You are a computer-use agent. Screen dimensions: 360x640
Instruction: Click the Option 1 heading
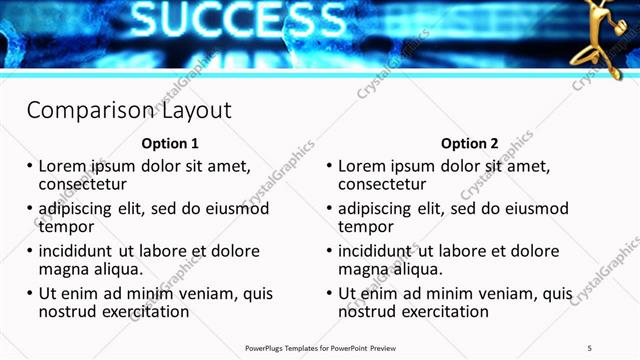(x=170, y=143)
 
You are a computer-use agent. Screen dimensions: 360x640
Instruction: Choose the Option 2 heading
(x=469, y=143)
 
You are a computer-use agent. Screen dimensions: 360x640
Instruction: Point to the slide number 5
(x=590, y=347)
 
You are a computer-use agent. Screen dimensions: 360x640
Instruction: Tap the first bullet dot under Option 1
(x=29, y=166)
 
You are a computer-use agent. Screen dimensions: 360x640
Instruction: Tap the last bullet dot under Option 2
(x=329, y=294)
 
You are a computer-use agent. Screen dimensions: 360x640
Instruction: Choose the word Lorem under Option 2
(x=362, y=166)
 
